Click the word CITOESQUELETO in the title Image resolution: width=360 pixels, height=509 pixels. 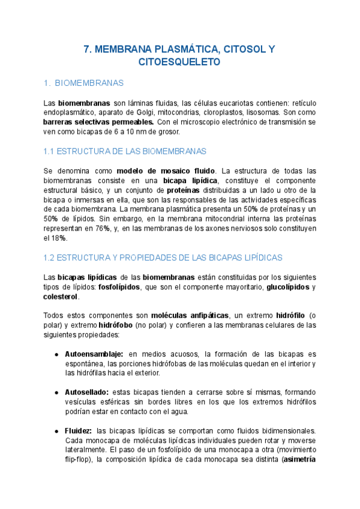179,61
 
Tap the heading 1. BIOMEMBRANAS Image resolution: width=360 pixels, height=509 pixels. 84,82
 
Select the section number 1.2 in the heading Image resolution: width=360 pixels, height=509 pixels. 50,258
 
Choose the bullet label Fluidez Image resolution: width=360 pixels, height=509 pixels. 78,431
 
